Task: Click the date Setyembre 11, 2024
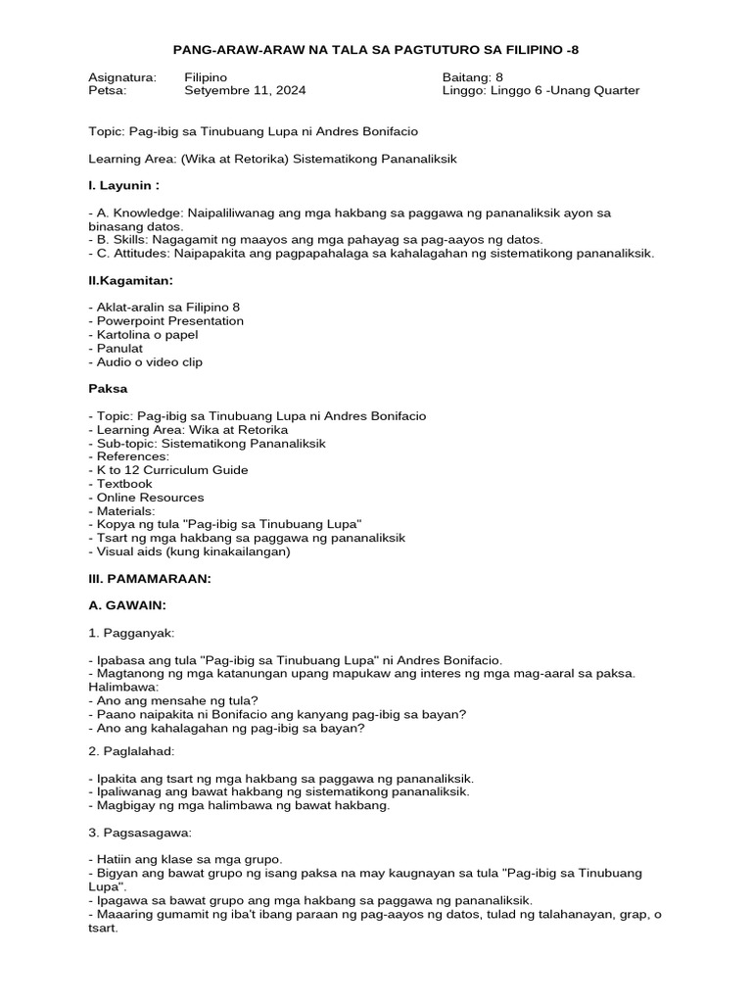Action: [245, 90]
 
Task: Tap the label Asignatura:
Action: [122, 76]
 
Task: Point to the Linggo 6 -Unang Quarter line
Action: [540, 90]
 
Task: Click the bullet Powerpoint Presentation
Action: [165, 320]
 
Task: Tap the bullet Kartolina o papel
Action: [143, 334]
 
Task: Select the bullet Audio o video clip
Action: [145, 361]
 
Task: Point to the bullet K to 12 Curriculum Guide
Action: [167, 469]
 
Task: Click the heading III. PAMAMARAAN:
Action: [149, 579]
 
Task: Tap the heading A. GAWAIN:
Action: [126, 606]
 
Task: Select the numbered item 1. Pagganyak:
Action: [131, 634]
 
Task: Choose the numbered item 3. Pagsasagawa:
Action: [138, 832]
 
